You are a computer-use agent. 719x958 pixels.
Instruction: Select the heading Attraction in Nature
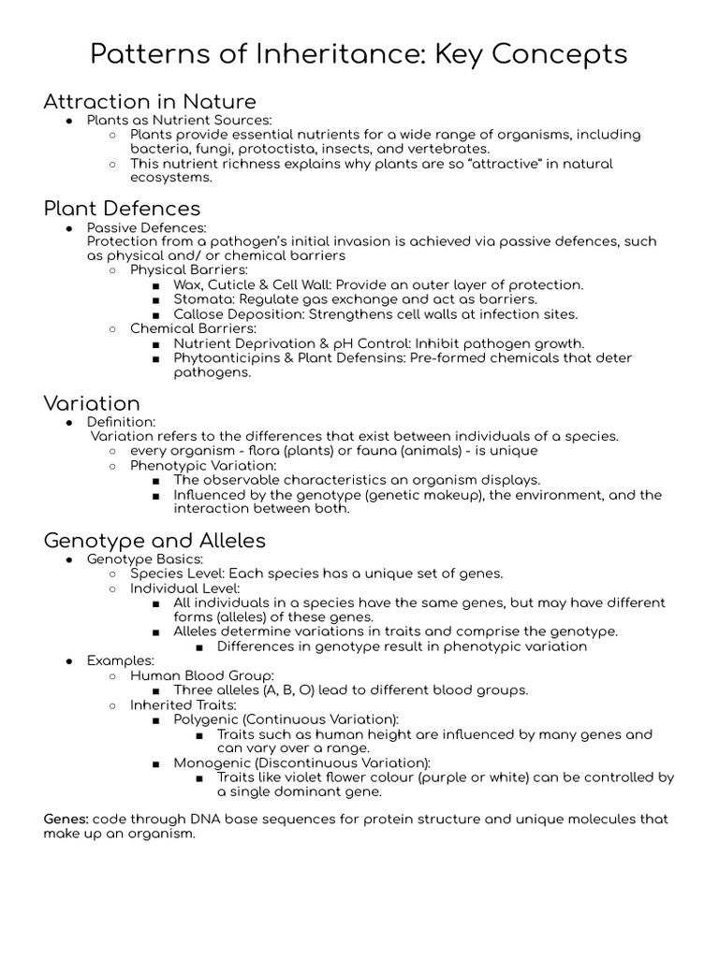tap(150, 101)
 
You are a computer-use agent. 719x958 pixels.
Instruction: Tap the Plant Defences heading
tap(122, 208)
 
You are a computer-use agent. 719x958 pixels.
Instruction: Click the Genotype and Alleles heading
tap(154, 540)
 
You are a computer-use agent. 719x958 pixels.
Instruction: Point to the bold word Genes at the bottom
tap(66, 819)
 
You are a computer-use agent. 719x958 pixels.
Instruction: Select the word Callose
tap(199, 314)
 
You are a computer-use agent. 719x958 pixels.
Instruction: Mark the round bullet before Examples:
tap(69, 661)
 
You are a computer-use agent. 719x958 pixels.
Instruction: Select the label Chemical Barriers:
tap(193, 329)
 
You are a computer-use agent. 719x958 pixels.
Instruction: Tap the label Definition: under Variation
tap(121, 422)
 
